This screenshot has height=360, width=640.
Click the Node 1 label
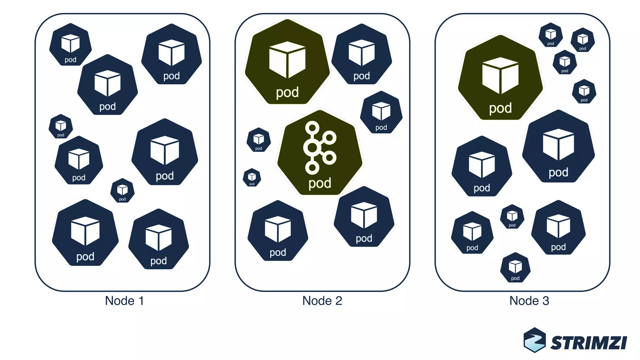(x=124, y=301)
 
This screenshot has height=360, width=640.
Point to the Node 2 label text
(x=322, y=301)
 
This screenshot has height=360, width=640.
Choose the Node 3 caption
(x=529, y=301)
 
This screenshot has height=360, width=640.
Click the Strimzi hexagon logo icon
(x=535, y=340)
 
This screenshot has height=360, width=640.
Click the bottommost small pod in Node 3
(x=515, y=268)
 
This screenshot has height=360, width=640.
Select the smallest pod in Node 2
(x=252, y=177)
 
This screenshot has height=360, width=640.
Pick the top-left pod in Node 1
(x=71, y=45)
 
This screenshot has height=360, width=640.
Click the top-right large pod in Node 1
(x=171, y=55)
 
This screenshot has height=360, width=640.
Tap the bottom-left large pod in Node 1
(x=85, y=234)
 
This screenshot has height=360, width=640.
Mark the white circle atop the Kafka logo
(x=312, y=127)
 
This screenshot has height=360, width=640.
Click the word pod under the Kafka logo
(x=320, y=183)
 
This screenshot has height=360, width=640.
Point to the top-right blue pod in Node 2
(x=362, y=55)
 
